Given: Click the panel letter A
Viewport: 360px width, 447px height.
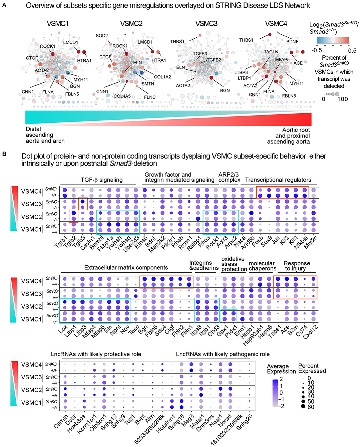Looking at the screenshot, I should tap(4, 5).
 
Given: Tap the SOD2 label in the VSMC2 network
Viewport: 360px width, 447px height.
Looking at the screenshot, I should tap(102, 36).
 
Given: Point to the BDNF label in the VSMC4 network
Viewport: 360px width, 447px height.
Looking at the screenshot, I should tap(292, 42).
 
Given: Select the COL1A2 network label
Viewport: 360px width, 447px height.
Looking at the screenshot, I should tap(162, 77).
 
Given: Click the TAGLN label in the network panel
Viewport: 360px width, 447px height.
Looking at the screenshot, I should tap(271, 52).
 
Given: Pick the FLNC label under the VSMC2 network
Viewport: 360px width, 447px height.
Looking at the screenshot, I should tap(150, 97).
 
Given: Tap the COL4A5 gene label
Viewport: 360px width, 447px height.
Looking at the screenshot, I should tap(122, 96).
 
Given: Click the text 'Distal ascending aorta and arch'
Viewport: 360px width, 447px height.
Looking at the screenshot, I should tap(45, 135).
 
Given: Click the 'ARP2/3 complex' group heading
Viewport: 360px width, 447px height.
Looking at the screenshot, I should tap(229, 177).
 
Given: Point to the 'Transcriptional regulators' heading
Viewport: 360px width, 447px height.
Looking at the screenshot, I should tap(278, 180).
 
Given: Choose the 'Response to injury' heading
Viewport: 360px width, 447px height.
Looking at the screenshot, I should tap(297, 266).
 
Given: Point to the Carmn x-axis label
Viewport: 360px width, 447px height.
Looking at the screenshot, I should tap(61, 422).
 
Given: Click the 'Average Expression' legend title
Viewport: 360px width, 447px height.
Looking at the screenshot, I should tap(281, 369).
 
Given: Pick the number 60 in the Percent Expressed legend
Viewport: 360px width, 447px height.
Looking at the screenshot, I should tap(311, 407).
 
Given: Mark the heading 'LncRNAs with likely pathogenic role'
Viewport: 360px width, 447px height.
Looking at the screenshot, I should tap(223, 354).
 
